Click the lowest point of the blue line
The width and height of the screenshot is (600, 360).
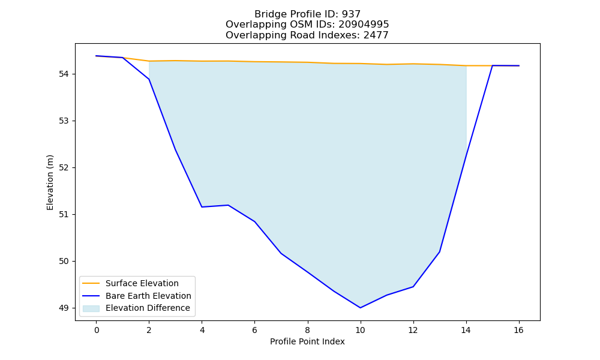click(360, 308)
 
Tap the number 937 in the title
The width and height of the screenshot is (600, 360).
click(351, 14)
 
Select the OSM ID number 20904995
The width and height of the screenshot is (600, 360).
click(364, 25)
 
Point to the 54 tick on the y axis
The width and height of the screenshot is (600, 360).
click(64, 74)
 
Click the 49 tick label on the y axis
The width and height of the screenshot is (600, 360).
click(64, 308)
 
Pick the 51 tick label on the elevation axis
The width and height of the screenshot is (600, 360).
click(64, 215)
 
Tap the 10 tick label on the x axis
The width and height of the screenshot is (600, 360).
click(360, 330)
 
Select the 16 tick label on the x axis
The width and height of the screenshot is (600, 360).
click(518, 330)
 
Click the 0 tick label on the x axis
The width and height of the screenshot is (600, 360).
click(97, 330)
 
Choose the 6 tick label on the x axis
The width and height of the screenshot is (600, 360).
click(254, 330)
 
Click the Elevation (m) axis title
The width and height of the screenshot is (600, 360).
click(50, 182)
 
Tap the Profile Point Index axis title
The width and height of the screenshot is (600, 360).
click(307, 341)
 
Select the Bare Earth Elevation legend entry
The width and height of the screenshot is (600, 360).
click(136, 296)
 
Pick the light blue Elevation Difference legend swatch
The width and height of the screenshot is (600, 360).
click(91, 308)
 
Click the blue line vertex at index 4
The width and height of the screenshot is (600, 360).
click(202, 207)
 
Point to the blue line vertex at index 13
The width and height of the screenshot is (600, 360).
click(439, 252)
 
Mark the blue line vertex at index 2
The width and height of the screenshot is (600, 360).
click(149, 79)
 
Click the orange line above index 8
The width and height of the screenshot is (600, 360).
click(307, 62)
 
